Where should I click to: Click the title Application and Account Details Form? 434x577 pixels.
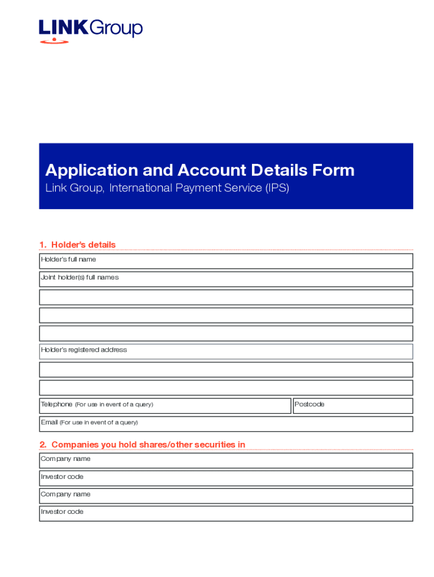click(200, 170)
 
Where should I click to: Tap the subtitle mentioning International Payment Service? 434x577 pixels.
click(167, 188)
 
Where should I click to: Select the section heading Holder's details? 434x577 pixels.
click(77, 245)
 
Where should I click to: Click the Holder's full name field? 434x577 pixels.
click(225, 261)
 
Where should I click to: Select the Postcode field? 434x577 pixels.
click(353, 406)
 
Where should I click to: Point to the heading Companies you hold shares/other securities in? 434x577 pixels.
click(142, 445)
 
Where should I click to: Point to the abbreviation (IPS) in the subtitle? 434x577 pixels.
click(277, 188)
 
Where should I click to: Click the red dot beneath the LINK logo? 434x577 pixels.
click(54, 40)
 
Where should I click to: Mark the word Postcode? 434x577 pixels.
click(309, 405)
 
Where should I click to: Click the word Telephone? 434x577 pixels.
click(56, 405)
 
